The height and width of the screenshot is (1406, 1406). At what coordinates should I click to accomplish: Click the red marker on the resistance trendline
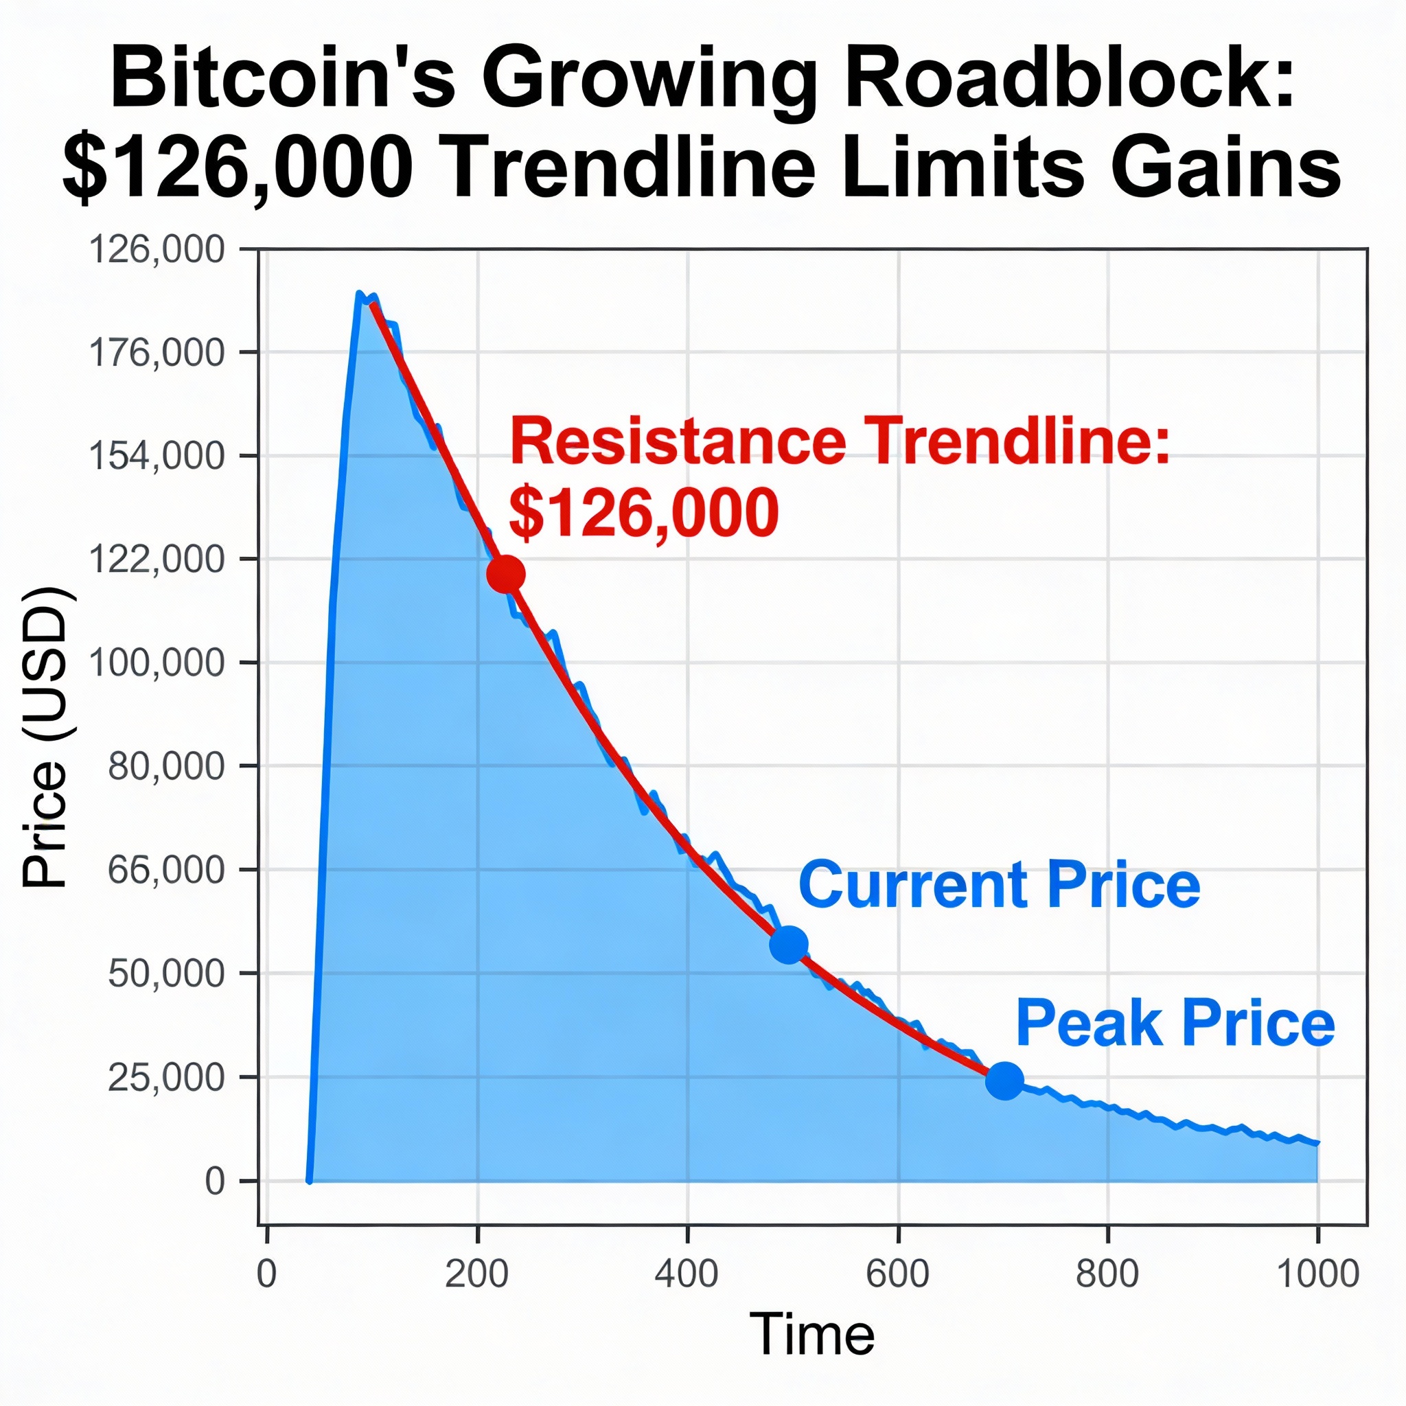point(506,574)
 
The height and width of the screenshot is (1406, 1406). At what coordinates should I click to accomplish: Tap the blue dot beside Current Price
point(788,944)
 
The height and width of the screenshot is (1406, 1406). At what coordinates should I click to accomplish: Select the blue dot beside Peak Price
point(1004,1079)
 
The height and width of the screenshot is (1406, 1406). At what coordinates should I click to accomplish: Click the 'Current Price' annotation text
point(999,885)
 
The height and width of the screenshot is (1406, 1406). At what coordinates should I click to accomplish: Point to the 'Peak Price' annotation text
point(1175,1022)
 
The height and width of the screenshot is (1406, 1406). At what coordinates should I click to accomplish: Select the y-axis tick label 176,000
point(157,353)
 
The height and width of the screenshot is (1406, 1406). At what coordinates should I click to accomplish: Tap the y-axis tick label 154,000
point(157,457)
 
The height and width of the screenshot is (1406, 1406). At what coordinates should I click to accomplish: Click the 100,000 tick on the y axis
point(157,663)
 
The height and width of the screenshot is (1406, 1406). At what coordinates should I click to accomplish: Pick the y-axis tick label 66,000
point(166,870)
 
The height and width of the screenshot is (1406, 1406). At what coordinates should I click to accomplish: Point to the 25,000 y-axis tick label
point(166,1077)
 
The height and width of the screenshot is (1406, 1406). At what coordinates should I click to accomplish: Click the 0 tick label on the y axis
point(215,1181)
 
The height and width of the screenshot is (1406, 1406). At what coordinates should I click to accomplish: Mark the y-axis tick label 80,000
point(166,766)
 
